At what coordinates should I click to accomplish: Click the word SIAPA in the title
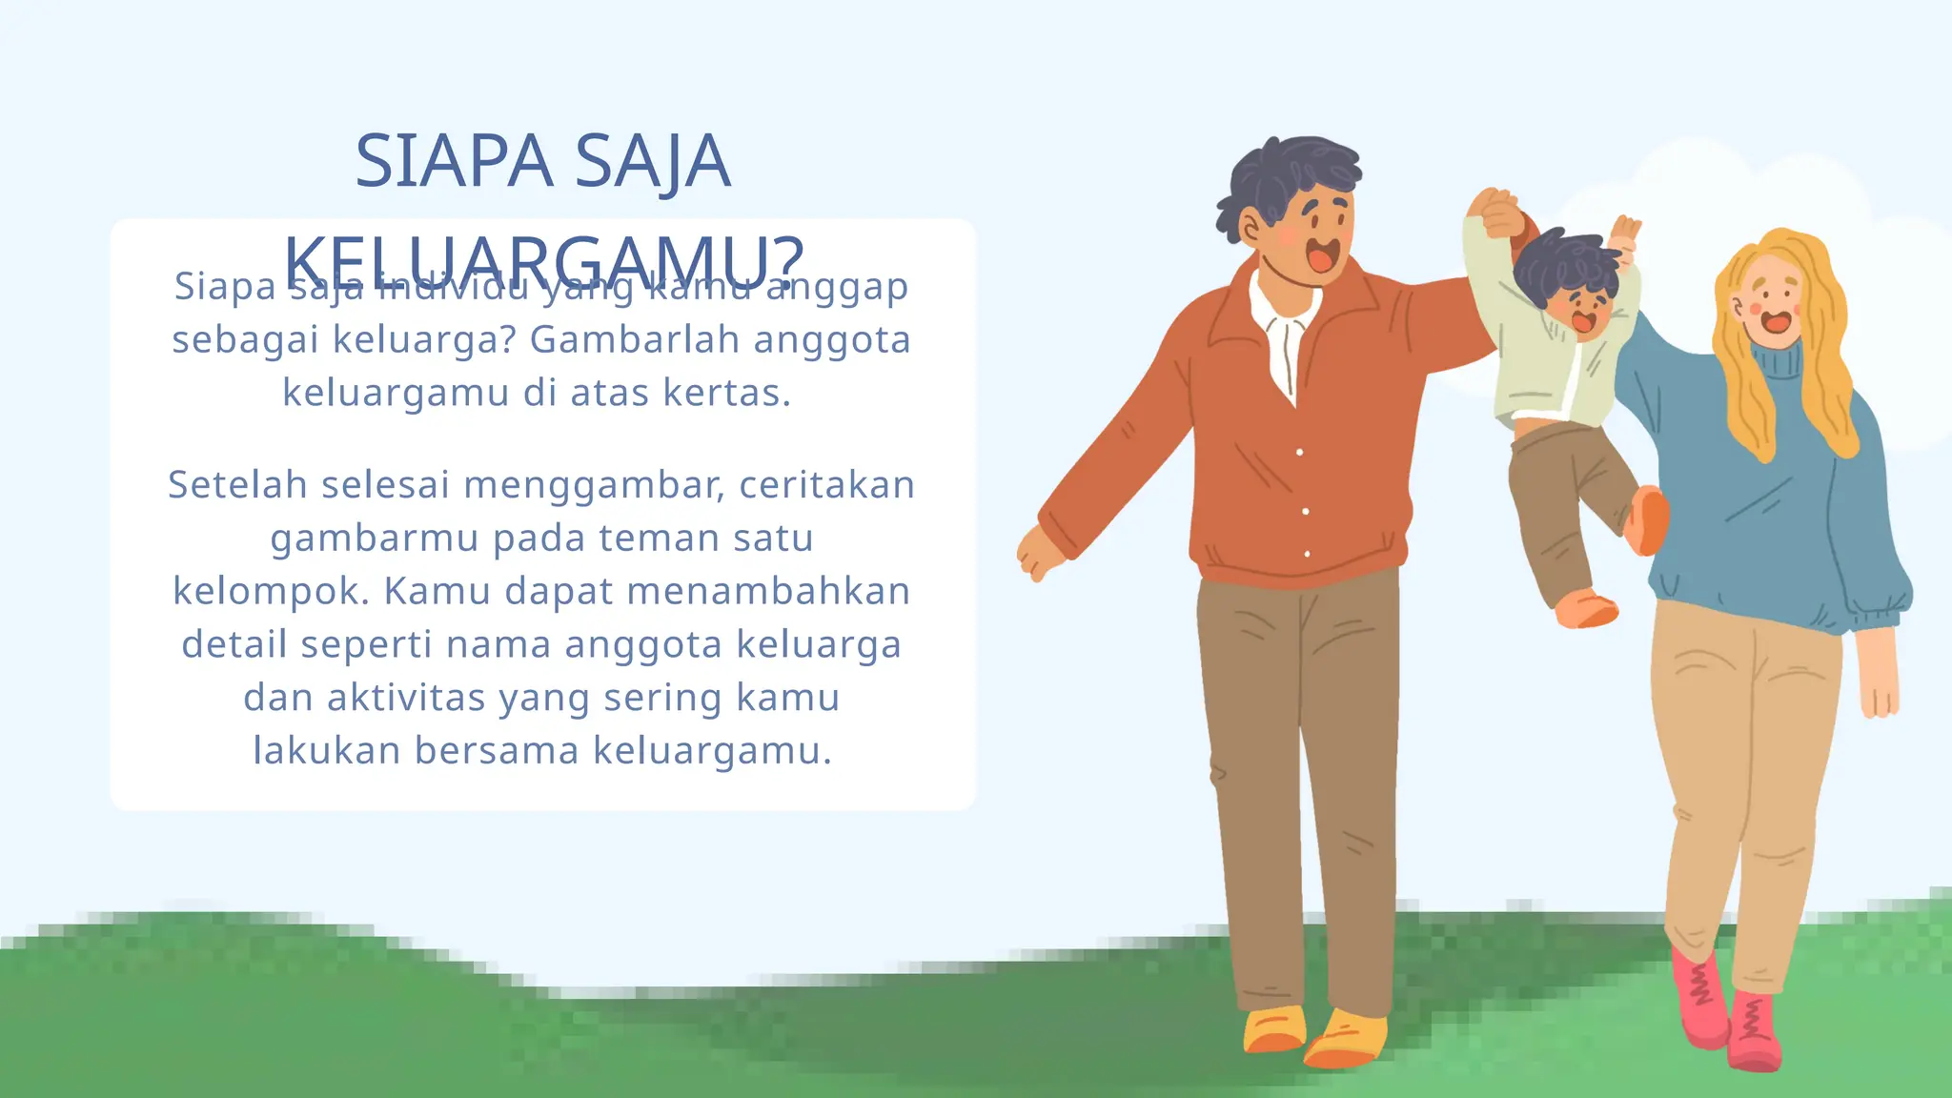click(x=454, y=162)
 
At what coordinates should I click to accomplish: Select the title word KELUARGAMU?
click(x=544, y=259)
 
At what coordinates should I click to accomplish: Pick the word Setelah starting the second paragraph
click(x=237, y=485)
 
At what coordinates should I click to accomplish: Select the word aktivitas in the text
click(x=406, y=698)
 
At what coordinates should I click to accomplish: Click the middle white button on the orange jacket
click(x=1306, y=512)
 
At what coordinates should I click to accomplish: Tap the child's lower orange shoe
click(x=1587, y=609)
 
